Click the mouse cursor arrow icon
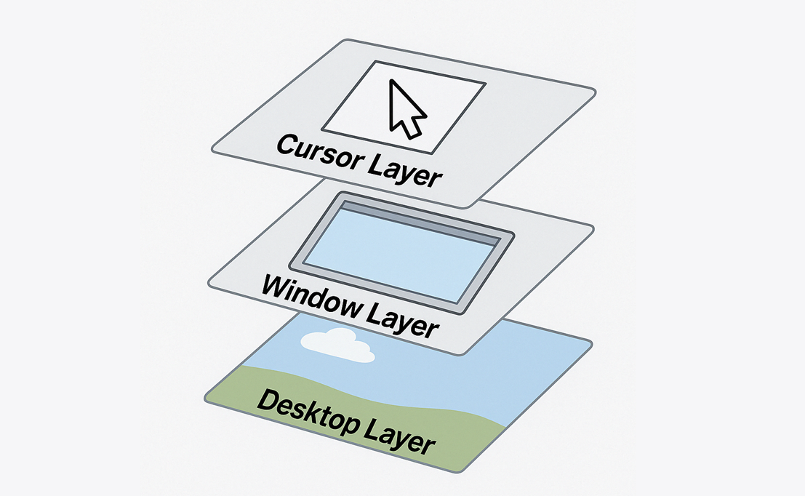404,110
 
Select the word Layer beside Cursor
406,171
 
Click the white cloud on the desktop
337,345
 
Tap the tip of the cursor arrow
392,81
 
